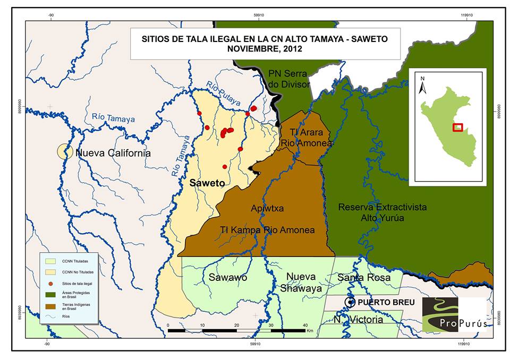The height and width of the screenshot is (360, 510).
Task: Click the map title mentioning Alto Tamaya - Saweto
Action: (x=257, y=43)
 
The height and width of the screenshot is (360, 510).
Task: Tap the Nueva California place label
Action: (x=113, y=153)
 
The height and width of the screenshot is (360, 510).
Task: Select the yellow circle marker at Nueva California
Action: (x=65, y=152)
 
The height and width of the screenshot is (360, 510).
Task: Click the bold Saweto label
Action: (x=207, y=183)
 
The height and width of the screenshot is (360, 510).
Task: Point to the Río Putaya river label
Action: (x=224, y=94)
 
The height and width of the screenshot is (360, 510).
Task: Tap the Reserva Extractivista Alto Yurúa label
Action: (x=382, y=212)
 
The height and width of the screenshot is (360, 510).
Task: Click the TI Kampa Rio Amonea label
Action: (x=267, y=230)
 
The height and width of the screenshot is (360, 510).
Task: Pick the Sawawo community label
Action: (x=227, y=277)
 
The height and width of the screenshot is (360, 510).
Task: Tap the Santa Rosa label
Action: (x=364, y=277)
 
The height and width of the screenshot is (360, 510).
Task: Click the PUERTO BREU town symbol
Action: (x=350, y=302)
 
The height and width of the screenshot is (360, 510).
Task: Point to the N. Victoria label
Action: (x=358, y=320)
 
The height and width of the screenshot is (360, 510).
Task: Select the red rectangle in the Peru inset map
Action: (x=457, y=127)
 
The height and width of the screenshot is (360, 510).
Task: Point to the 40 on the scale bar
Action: (x=305, y=325)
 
